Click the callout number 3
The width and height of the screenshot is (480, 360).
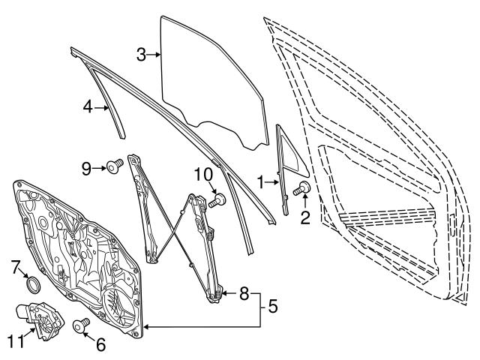[x=141, y=54]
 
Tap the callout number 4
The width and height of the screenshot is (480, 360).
[x=88, y=107]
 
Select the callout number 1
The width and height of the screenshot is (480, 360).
[x=260, y=181]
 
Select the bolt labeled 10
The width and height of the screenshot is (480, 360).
[x=218, y=200]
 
